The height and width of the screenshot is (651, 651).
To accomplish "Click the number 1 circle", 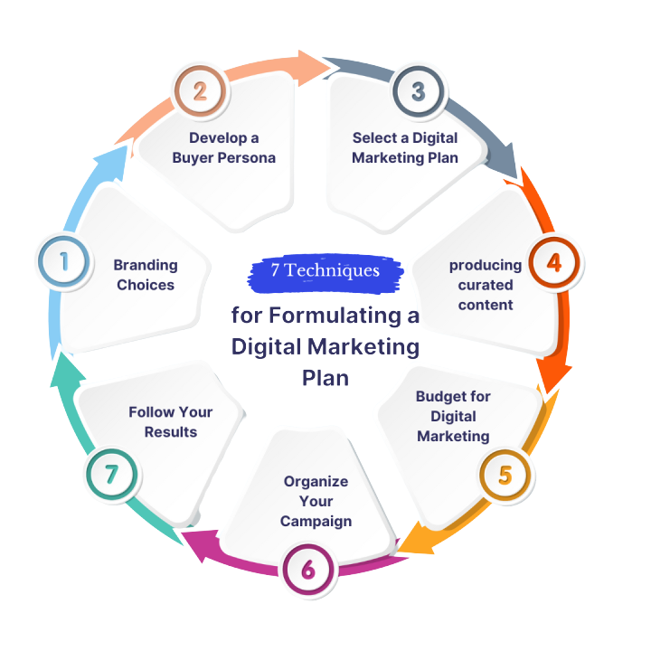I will [x=64, y=262].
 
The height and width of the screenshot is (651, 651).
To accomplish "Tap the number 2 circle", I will [x=200, y=90].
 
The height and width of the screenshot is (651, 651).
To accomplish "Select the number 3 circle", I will [x=418, y=90].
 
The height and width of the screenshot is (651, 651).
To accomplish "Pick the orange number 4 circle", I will [x=553, y=263].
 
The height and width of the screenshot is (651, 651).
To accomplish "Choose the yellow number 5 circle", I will [x=505, y=475].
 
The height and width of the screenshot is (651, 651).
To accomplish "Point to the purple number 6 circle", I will [x=308, y=569].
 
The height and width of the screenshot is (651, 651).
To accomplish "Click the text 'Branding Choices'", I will [x=145, y=274].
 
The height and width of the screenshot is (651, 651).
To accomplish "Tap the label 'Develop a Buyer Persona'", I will [x=223, y=147].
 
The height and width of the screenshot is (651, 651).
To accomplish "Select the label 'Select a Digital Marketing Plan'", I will [x=405, y=147].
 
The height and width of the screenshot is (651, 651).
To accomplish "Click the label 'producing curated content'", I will [x=486, y=285].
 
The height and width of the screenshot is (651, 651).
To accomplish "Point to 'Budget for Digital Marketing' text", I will [x=453, y=416].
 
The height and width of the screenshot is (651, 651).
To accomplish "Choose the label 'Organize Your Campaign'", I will [x=316, y=501].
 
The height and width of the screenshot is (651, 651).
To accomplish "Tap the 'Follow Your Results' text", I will [x=170, y=421].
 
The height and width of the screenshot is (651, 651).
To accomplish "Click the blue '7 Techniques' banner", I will [x=325, y=271].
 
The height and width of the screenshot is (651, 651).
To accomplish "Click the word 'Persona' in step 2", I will [x=247, y=157].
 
